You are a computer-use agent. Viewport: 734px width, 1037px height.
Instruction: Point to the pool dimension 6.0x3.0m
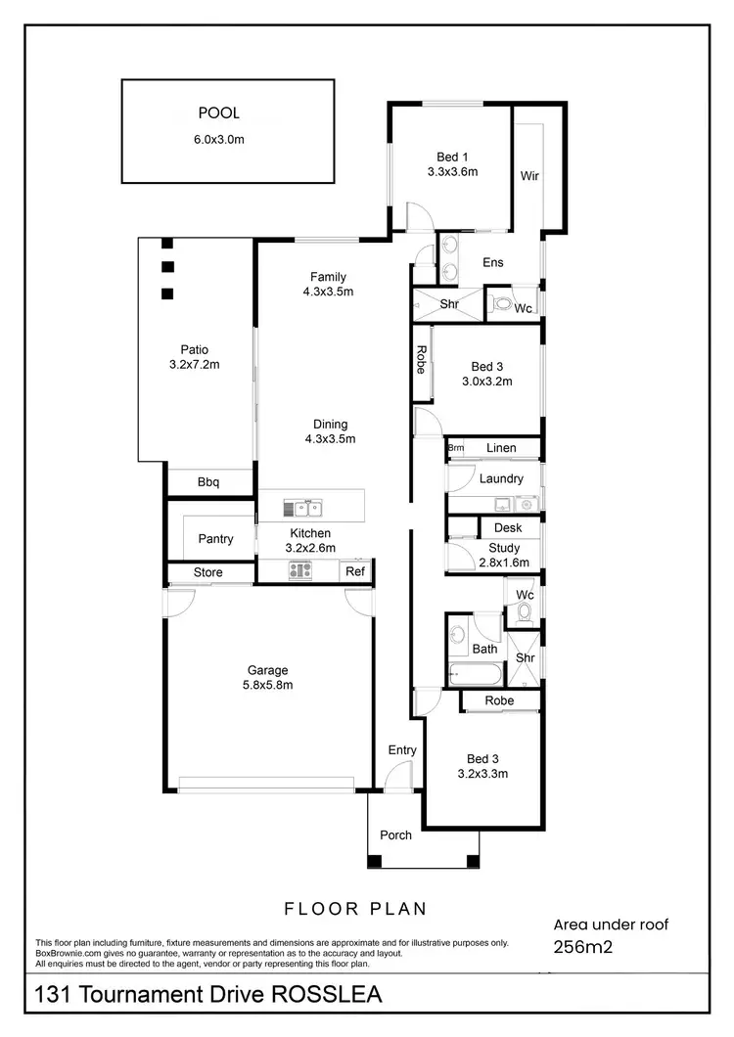point(218,139)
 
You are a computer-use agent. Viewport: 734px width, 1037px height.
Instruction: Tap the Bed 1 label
point(452,156)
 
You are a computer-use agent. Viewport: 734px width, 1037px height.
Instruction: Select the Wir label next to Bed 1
point(529,177)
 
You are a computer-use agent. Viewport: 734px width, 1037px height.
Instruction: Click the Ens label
point(493,262)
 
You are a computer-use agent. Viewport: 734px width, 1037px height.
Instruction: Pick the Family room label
point(328,277)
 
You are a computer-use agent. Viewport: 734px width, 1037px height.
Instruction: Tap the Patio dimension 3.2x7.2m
point(194,365)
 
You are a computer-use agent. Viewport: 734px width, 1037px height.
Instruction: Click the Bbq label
point(208,482)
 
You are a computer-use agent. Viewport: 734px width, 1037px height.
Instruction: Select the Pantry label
point(215,539)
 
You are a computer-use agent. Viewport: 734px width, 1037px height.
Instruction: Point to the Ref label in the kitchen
point(355,572)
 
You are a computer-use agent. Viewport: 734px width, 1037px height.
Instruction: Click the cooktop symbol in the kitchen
point(299,571)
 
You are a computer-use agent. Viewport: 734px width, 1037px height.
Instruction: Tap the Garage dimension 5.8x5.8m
point(267,685)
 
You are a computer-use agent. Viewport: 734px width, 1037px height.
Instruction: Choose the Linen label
point(501,448)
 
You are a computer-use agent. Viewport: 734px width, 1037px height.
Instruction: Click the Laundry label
point(501,479)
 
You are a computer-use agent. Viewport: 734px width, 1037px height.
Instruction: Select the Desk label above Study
point(508,528)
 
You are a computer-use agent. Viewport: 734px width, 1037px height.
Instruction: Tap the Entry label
point(402,750)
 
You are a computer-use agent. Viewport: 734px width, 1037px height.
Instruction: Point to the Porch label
point(395,835)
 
